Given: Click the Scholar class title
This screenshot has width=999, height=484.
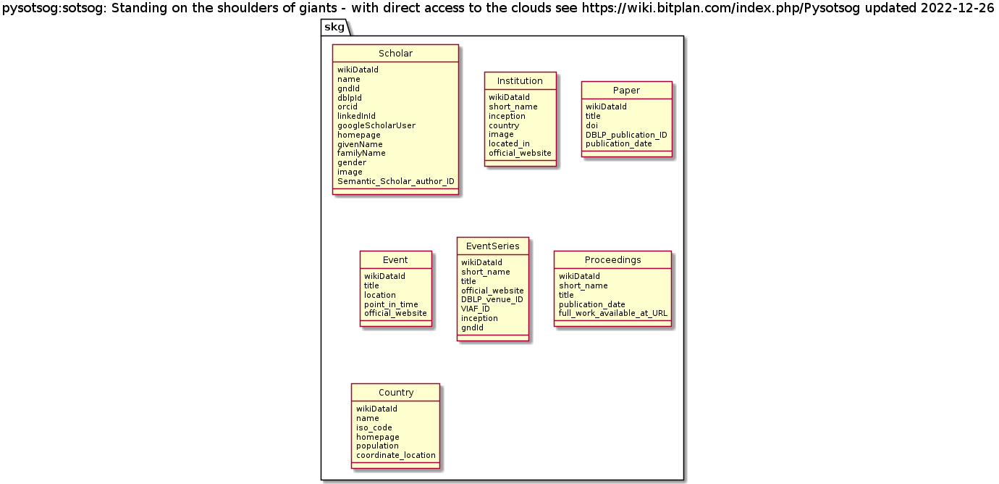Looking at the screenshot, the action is coord(395,54).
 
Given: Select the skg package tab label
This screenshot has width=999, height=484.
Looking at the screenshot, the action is coord(334,28).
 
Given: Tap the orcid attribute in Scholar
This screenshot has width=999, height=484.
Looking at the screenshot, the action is coord(347,107).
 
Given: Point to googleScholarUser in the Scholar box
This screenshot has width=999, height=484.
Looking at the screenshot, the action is coord(376,125).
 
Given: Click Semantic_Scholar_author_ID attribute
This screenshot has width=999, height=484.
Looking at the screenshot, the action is coord(396,181).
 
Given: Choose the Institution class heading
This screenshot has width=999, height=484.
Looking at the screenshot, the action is coord(520,81).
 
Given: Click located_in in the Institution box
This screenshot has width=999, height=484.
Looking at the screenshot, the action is coord(510,143).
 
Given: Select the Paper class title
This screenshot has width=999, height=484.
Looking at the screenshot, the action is coord(626,91).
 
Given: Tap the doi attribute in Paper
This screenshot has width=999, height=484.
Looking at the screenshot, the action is coord(592,125).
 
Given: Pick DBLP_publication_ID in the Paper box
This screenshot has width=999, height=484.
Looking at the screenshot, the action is coord(627,135).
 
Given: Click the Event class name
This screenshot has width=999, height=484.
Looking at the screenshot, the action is coord(395,260).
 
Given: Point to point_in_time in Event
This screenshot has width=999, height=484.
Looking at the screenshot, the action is coord(391,304).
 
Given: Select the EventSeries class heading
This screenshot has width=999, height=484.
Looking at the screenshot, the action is coord(492,246).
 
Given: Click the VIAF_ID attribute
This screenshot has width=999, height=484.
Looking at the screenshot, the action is coord(476,309).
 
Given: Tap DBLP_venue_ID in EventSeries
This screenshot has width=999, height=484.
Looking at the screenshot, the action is coord(492,299).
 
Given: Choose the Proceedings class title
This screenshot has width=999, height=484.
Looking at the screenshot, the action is coord(612,260).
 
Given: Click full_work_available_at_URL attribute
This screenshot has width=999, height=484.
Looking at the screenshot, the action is coord(613,314).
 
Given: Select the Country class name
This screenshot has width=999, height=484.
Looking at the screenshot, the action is coord(396,393).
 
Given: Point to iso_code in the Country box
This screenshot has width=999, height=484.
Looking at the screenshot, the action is coord(374,427).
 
